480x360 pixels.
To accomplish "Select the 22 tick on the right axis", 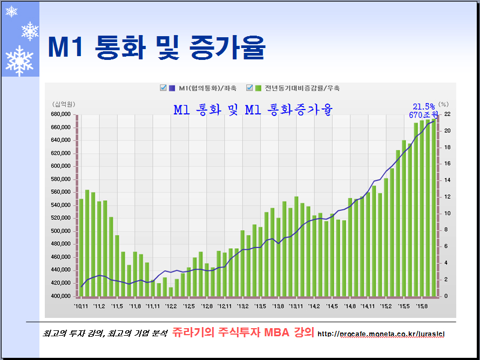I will pyautogui.click(x=447, y=114).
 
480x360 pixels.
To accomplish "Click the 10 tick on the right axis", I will pyautogui.click(x=447, y=213).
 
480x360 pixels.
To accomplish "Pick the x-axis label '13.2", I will pyautogui.click(x=242, y=307).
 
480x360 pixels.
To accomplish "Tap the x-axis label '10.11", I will pyautogui.click(x=82, y=307).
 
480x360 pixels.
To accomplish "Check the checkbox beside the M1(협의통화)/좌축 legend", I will pyautogui.click(x=163, y=88).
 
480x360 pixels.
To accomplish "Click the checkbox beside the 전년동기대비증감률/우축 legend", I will pyautogui.click(x=249, y=88).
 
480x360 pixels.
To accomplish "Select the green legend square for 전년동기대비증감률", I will pyautogui.click(x=258, y=88).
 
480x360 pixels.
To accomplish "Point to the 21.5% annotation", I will pyautogui.click(x=424, y=106).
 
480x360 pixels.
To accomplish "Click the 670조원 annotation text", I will pyautogui.click(x=423, y=115).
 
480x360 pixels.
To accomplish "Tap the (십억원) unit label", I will pyautogui.click(x=63, y=104).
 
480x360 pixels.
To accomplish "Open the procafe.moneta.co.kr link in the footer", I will pyautogui.click(x=381, y=334).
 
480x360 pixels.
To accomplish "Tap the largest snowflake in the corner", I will pyautogui.click(x=19, y=60).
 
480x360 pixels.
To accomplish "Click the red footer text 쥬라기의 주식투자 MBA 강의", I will pyautogui.click(x=243, y=333).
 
